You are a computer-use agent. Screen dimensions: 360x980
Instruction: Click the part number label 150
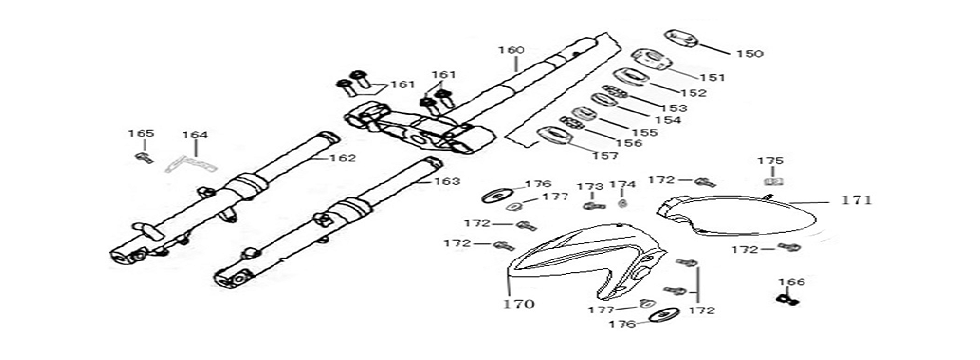coord(749,53)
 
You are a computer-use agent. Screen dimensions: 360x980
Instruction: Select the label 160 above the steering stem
coord(511,50)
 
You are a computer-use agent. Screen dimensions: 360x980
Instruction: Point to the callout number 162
coord(343,158)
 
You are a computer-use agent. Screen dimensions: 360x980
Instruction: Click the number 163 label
coord(446,182)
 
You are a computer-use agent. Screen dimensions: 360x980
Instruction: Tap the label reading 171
coord(857,200)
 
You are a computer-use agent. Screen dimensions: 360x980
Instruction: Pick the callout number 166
coord(790,282)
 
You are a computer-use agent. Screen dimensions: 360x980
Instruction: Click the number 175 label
coord(770,160)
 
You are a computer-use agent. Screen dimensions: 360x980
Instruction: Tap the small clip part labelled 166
coord(789,299)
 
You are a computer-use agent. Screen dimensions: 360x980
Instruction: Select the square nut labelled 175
coord(771,181)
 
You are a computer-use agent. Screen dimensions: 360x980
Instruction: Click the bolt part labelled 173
coord(590,204)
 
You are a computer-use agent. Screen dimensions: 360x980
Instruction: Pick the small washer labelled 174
coord(622,204)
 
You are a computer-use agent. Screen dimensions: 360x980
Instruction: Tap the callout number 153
coord(675,107)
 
